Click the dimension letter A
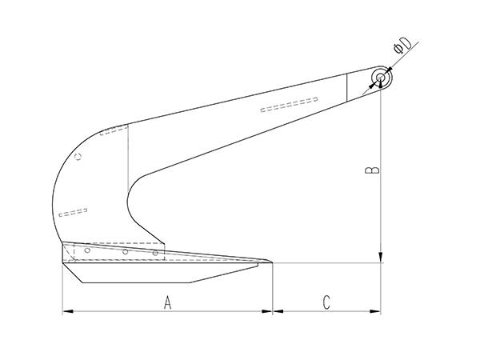167,302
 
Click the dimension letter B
370,170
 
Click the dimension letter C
327,302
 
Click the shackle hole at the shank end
382,78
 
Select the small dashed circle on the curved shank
78,157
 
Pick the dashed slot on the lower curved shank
74,212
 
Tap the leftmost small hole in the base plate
87,251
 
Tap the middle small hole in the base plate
126,253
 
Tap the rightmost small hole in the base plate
156,254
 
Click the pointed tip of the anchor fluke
271,262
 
